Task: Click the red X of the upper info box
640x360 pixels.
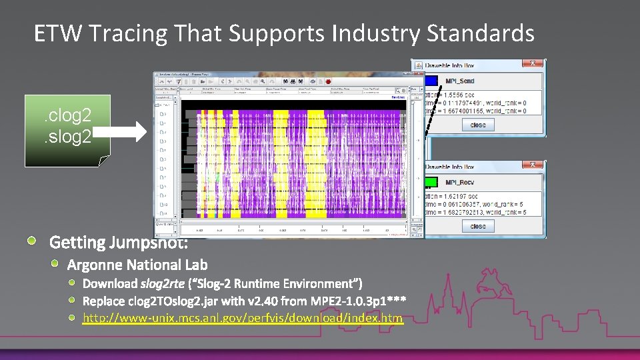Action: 533,63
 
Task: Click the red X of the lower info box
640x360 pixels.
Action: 533,165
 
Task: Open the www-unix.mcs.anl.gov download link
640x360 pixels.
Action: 243,318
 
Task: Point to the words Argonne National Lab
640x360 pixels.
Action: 137,265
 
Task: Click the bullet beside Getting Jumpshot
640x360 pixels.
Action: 33,240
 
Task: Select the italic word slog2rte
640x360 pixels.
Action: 162,284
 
